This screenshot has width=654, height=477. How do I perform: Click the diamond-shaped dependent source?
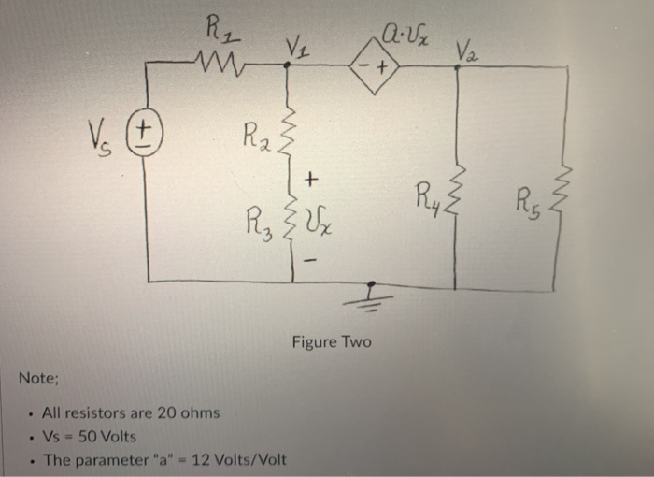(374, 67)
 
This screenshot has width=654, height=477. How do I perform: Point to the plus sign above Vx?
(313, 178)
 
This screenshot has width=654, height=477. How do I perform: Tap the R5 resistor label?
(530, 199)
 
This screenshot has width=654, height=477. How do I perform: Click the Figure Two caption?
(331, 342)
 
